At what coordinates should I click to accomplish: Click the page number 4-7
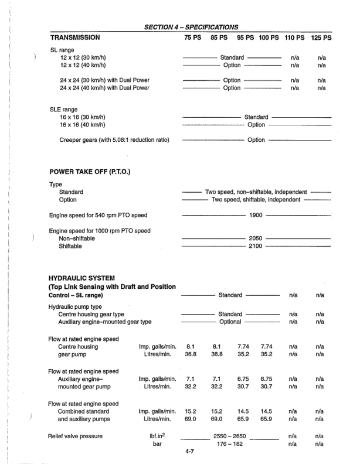pos(192,450)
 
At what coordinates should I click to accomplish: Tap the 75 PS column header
pos(193,37)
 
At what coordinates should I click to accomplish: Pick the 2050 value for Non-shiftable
pos(255,239)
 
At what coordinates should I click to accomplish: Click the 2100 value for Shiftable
pos(255,247)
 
